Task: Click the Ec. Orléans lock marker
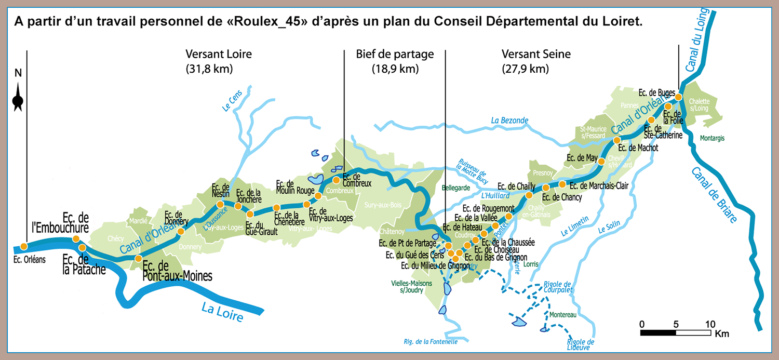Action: [24, 246]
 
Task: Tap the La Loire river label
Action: [222, 312]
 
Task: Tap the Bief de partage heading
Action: [395, 54]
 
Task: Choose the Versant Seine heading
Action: [536, 54]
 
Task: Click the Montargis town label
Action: [711, 138]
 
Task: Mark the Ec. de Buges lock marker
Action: [679, 97]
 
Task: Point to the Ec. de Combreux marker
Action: [336, 180]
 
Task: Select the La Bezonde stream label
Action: [509, 121]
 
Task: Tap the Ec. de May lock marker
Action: [601, 162]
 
